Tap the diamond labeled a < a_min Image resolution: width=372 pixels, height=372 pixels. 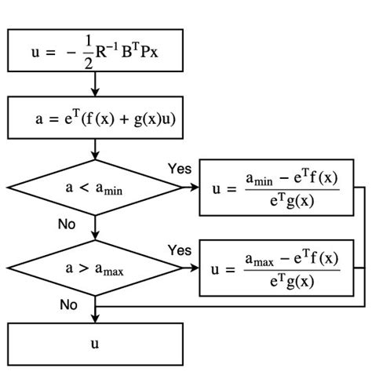tap(95, 188)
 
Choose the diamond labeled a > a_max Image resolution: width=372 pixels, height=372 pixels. tap(95, 268)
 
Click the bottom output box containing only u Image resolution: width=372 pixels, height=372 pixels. tap(95, 343)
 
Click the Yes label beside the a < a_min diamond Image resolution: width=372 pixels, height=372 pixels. tap(179, 169)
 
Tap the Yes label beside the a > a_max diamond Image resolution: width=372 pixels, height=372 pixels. tap(179, 250)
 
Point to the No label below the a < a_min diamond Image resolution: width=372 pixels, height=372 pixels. tap(67, 224)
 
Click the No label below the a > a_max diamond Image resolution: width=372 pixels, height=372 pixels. tap(69, 303)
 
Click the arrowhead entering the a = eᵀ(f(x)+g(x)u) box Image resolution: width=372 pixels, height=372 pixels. tap(95, 92)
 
